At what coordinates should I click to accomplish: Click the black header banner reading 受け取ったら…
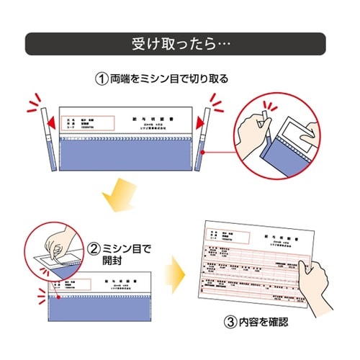180,44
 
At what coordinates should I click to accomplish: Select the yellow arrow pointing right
175,275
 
